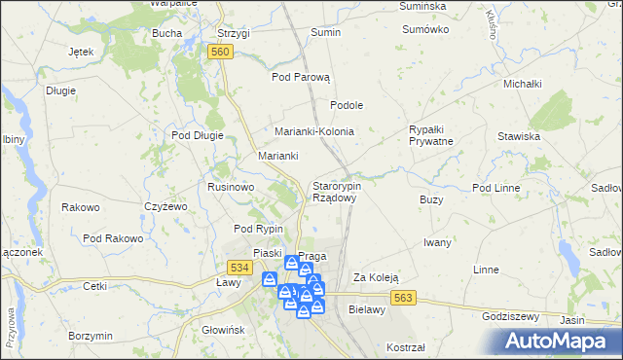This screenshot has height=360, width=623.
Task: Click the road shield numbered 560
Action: point(220,52)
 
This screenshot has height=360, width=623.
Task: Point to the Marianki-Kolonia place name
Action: point(313,131)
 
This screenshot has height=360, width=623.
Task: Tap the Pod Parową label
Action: point(301,77)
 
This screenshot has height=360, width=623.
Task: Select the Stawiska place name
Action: point(518,137)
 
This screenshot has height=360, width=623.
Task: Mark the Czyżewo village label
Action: point(165,206)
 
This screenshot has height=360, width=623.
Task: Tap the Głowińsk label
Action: point(222,330)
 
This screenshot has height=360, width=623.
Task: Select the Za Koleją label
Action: point(376,277)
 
